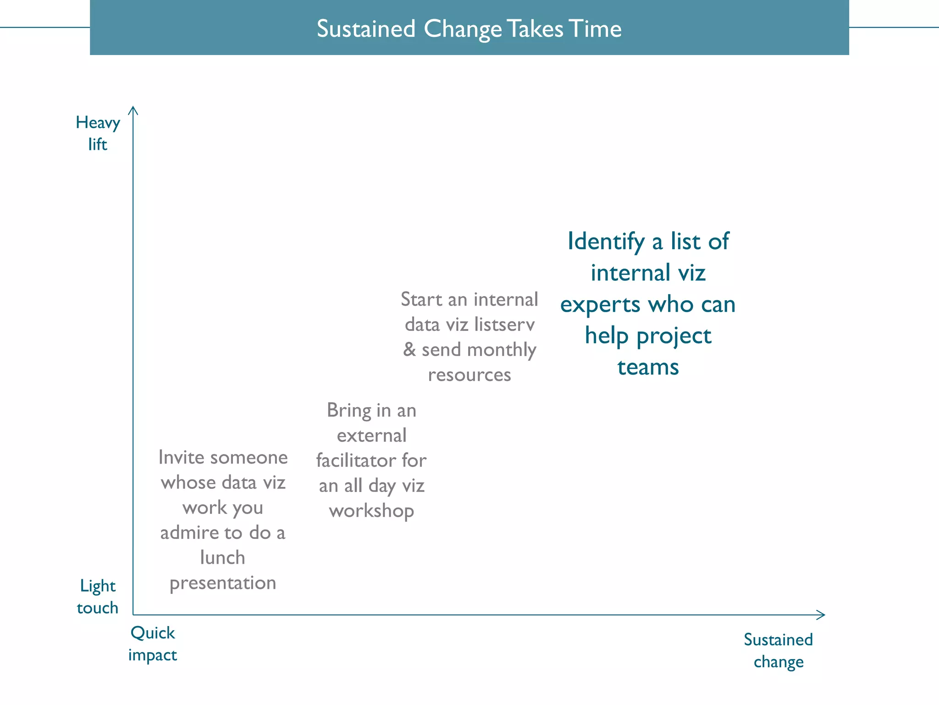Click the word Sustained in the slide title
click(366, 29)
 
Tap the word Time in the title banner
click(595, 29)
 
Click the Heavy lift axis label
click(98, 133)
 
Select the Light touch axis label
click(98, 597)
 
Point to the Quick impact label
click(152, 643)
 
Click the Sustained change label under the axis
click(778, 650)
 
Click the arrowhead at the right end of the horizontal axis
click(822, 615)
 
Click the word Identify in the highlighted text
click(606, 242)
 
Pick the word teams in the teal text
click(648, 367)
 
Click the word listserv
click(504, 325)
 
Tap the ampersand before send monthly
click(409, 349)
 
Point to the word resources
click(469, 375)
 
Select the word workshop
click(371, 511)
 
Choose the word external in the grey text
click(371, 436)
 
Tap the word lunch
click(223, 558)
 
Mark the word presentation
click(223, 583)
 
